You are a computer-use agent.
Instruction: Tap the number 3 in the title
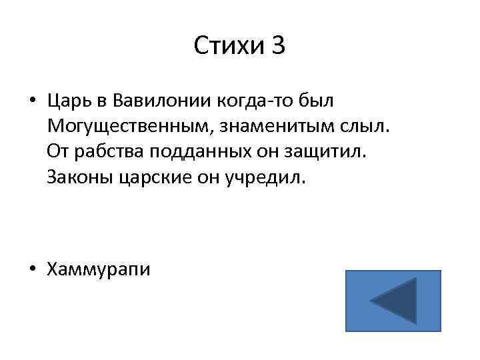pyautogui.click(x=277, y=46)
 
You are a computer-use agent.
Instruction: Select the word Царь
pyautogui.click(x=69, y=102)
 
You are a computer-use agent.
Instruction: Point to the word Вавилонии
pyautogui.click(x=158, y=102)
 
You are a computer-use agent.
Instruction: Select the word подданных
pyautogui.click(x=189, y=151)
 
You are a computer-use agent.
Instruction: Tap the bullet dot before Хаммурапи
pyautogui.click(x=32, y=269)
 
